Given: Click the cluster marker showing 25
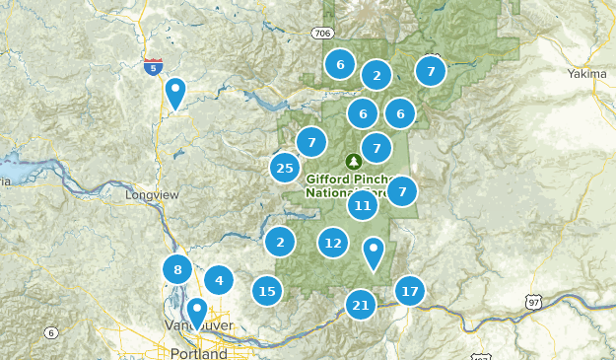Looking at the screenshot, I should click(285, 168).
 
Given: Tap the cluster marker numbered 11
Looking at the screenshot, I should click(363, 206).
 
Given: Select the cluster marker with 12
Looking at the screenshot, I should click(333, 243).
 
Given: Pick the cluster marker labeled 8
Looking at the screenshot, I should click(177, 269).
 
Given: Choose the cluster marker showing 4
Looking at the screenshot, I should click(219, 280).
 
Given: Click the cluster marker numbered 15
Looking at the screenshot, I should click(266, 291).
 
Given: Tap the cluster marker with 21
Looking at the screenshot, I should click(361, 305).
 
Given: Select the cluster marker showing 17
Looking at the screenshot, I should click(410, 291).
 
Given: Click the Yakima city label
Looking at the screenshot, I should click(588, 74).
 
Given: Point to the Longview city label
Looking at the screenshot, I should click(153, 195).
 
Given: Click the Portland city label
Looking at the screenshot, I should click(198, 353).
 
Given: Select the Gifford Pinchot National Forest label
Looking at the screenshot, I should click(351, 185).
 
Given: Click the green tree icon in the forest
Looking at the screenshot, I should click(352, 161).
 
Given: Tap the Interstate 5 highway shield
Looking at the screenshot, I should click(153, 67).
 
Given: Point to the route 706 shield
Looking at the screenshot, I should click(323, 33).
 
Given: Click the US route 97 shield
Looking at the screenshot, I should click(533, 301).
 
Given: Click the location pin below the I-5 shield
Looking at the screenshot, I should click(175, 93).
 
